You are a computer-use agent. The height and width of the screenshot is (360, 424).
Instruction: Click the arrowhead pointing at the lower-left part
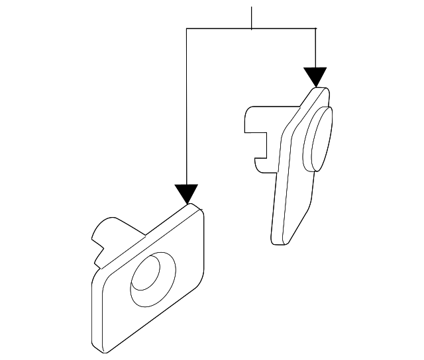tap(187, 193)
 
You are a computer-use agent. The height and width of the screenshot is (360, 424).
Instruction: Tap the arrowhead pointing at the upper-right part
tap(316, 77)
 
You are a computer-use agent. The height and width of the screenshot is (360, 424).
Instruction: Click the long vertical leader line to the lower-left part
tap(187, 106)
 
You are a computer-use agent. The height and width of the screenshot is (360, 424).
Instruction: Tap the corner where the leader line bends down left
tap(187, 28)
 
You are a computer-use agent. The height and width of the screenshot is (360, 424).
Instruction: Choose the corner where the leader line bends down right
tap(316, 28)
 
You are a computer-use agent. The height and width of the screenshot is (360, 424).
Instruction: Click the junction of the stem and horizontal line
tap(252, 28)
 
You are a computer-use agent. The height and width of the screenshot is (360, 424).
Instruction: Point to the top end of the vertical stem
tap(252, 7)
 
